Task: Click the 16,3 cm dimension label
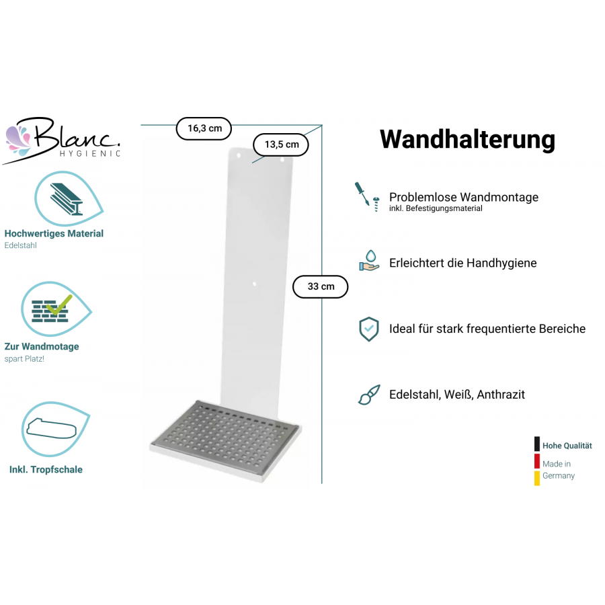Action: point(204,128)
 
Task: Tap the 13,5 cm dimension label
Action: point(281,145)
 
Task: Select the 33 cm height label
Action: point(321,287)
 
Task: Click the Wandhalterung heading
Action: point(467,139)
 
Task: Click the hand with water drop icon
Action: point(369,260)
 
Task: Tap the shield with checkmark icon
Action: point(368,329)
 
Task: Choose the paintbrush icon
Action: point(368,395)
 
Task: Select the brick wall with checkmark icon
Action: point(54,309)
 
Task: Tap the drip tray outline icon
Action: point(54,428)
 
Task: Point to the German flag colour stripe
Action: point(537,461)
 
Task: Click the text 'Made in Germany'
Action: point(559,469)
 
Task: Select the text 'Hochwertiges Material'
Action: point(54,234)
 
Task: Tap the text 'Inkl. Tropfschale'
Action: point(46,469)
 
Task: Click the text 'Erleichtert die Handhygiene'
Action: point(462,263)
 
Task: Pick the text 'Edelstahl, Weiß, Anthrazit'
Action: point(457,395)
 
